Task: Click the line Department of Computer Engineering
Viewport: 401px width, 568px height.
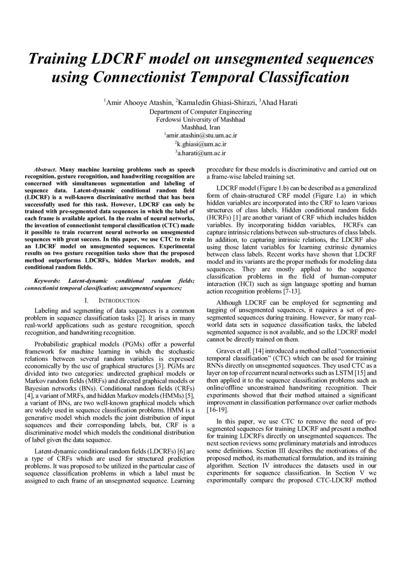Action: point(200,111)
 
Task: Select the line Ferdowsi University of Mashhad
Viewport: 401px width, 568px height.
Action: point(200,119)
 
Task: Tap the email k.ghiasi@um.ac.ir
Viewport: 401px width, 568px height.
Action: point(201,144)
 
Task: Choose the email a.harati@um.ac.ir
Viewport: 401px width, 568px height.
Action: point(201,154)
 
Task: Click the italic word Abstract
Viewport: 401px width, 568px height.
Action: point(45,167)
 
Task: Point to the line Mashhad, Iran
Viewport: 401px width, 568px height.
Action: point(200,127)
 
